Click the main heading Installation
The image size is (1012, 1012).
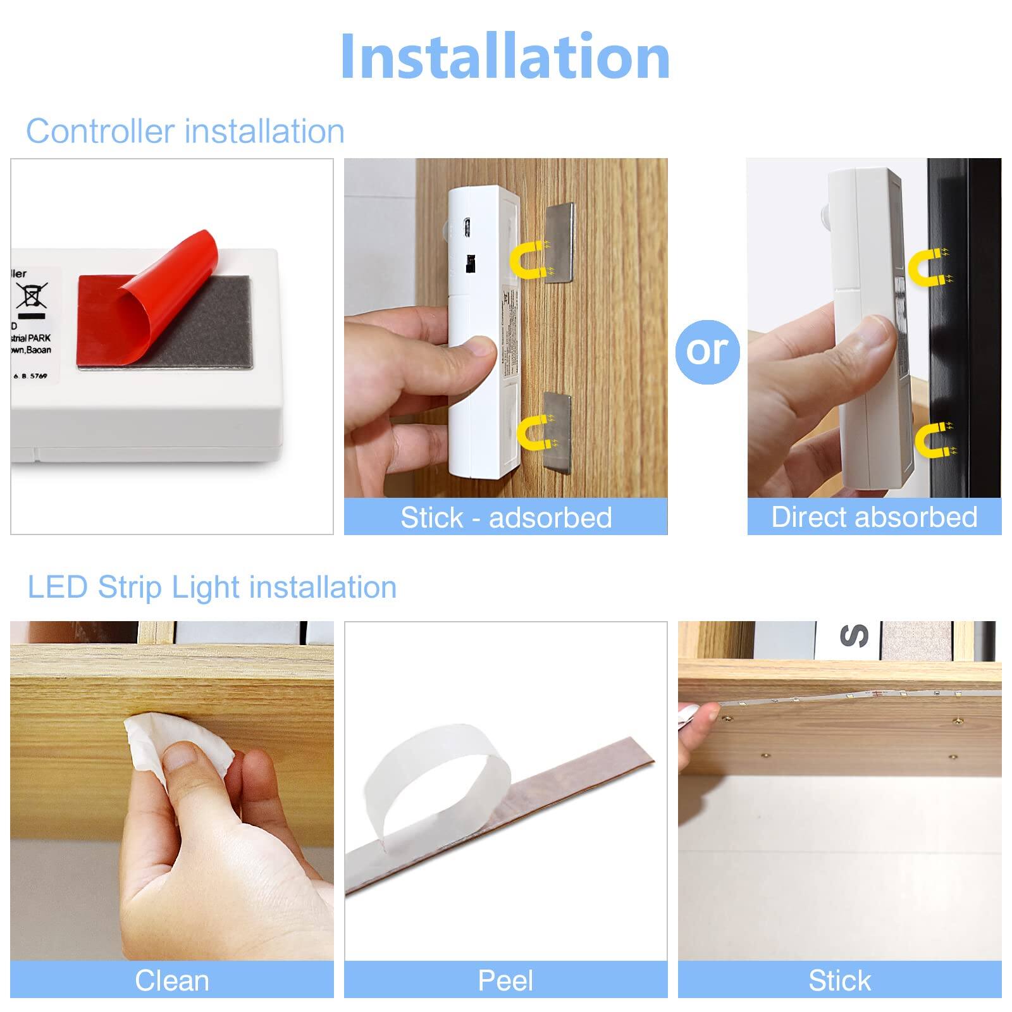(x=505, y=57)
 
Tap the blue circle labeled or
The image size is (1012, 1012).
(x=707, y=352)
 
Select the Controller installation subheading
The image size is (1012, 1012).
(x=185, y=132)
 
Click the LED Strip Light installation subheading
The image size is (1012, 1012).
(x=212, y=587)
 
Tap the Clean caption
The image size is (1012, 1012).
(x=172, y=980)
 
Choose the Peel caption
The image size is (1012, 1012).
(x=505, y=980)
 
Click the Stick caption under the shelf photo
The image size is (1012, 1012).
(x=839, y=980)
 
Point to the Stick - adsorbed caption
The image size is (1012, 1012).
(x=506, y=517)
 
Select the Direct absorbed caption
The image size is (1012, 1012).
(x=874, y=517)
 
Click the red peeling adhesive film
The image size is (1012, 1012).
(x=152, y=297)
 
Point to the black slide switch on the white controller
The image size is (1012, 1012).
(x=470, y=263)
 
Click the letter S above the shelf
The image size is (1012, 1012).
(x=853, y=636)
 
